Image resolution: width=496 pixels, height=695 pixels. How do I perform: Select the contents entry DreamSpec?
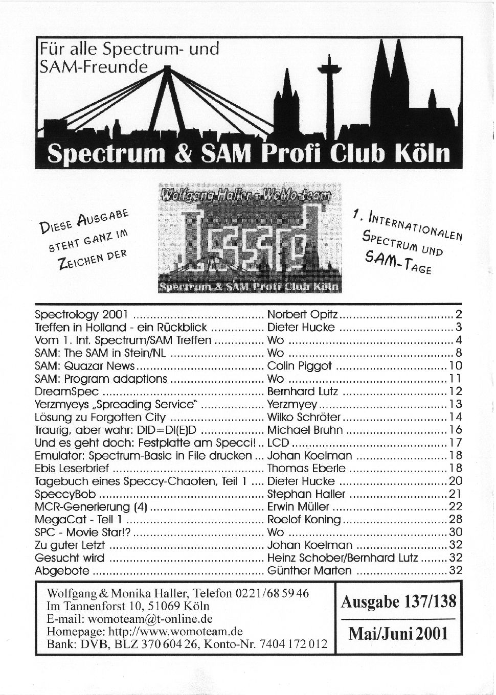67,391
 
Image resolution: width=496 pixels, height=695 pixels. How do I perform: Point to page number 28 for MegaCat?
455,520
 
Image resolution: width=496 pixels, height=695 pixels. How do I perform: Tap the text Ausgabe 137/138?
398,603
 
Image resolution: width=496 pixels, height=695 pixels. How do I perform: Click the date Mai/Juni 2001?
398,634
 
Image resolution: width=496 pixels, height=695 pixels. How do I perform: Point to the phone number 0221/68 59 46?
272,594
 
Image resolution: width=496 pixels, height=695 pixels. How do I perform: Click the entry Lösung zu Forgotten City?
100,417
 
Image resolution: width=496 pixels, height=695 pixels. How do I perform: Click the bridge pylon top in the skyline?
167,67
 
